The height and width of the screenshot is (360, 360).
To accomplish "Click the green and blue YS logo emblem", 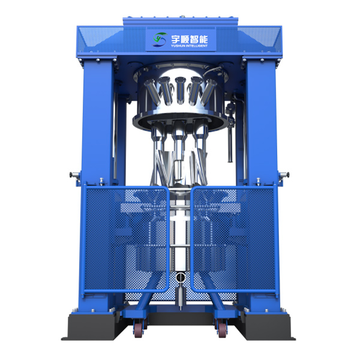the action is pyautogui.click(x=160, y=40).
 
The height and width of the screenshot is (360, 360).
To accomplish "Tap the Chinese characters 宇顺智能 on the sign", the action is pyautogui.click(x=190, y=38).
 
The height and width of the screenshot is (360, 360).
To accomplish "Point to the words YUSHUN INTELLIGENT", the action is pyautogui.click(x=190, y=46).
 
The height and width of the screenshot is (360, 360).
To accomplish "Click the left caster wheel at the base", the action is pyautogui.click(x=138, y=330).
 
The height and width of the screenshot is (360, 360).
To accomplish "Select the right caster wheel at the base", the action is pyautogui.click(x=221, y=330).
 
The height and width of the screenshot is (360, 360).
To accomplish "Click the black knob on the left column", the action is pyautogui.click(x=71, y=175).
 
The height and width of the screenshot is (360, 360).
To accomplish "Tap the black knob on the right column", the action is pyautogui.click(x=287, y=175).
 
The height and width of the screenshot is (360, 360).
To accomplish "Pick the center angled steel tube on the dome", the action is pyautogui.click(x=180, y=90).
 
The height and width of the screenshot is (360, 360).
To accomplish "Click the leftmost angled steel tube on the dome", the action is pyautogui.click(x=152, y=91).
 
